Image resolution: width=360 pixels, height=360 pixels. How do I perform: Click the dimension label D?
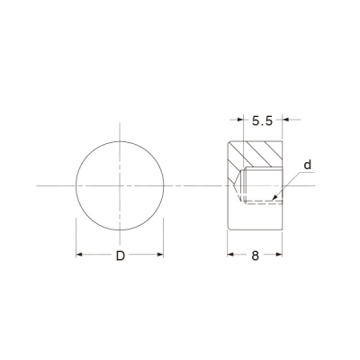(121, 256)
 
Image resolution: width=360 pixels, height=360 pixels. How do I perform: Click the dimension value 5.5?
(262, 121)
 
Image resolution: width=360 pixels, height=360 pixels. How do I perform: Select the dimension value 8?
(255, 256)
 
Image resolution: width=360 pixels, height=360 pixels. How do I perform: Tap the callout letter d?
(308, 165)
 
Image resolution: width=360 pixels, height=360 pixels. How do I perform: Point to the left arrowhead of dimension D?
(79, 255)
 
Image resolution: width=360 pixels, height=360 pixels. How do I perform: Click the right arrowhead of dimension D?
(160, 255)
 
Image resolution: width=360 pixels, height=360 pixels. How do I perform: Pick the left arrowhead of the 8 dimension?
(230, 255)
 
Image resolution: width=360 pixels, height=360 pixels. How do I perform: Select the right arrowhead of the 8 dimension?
(279, 255)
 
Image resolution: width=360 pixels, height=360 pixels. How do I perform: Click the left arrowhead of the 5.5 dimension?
(240, 120)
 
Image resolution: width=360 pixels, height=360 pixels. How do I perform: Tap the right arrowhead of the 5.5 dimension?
(285, 120)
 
